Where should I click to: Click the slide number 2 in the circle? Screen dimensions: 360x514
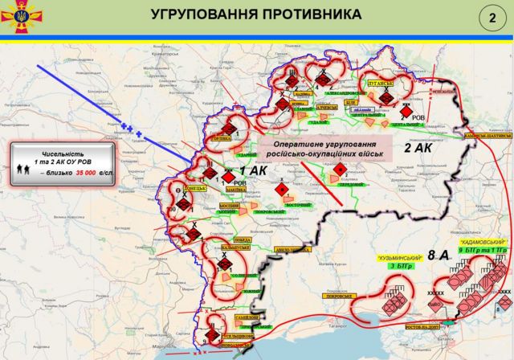[x=489, y=18]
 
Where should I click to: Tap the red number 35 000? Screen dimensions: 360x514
[x=87, y=172]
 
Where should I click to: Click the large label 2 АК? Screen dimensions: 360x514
[x=418, y=148]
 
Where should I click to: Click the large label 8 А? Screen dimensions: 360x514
[x=439, y=255]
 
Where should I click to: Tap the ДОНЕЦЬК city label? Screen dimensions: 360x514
[x=195, y=190]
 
